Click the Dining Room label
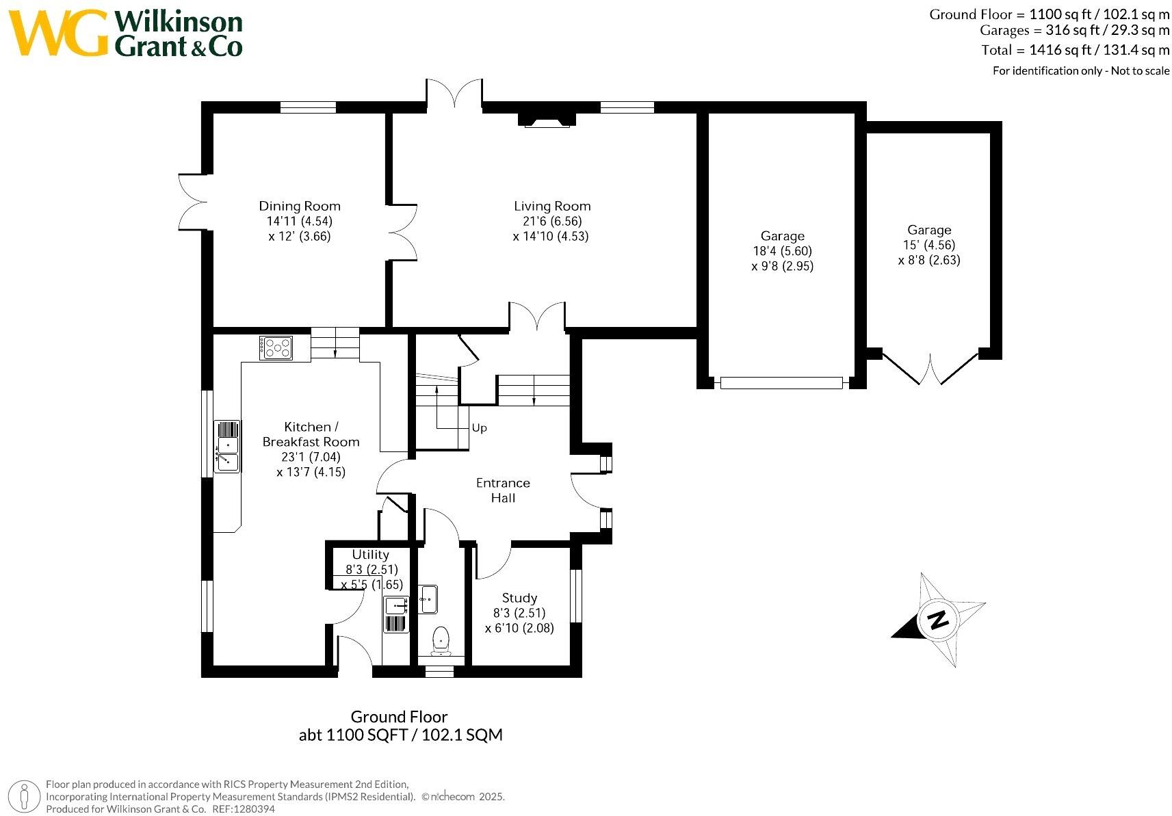[x=300, y=206]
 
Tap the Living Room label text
[x=552, y=206]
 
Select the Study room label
[x=519, y=598]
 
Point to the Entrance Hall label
[x=503, y=490]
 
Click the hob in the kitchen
[x=276, y=348]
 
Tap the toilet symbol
[x=441, y=642]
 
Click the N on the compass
[x=938, y=620]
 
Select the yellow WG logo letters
[x=59, y=33]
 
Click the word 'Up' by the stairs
[x=479, y=428]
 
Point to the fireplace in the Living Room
[x=547, y=120]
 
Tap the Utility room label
[x=370, y=555]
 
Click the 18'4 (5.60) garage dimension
[x=782, y=251]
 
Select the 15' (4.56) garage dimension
[x=928, y=245]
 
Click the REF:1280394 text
[x=244, y=809]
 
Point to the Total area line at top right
[x=1076, y=50]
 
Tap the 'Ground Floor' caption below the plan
[x=399, y=717]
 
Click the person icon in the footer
[x=25, y=797]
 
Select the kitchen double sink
[x=227, y=447]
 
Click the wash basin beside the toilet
[x=428, y=599]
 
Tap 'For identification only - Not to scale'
[x=1081, y=70]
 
